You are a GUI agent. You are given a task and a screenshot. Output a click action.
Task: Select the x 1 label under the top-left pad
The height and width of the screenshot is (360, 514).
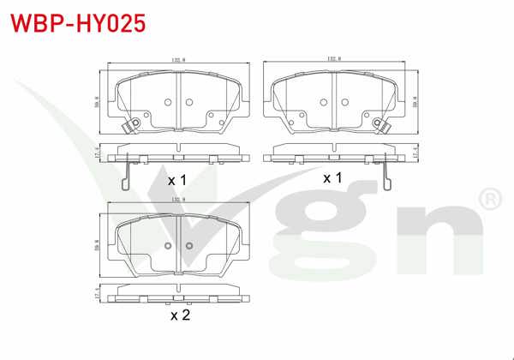[176, 180]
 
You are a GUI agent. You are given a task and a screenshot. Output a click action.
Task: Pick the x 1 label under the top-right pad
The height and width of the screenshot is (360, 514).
[332, 177]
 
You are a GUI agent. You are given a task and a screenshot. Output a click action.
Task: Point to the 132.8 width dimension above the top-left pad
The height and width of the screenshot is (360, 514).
[177, 60]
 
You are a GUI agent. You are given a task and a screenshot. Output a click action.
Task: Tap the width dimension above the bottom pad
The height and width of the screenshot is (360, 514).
[177, 202]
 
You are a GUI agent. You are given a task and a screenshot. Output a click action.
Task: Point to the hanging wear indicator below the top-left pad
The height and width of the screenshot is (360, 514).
[126, 175]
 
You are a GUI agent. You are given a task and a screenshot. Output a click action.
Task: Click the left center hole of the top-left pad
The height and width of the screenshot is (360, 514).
[167, 103]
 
